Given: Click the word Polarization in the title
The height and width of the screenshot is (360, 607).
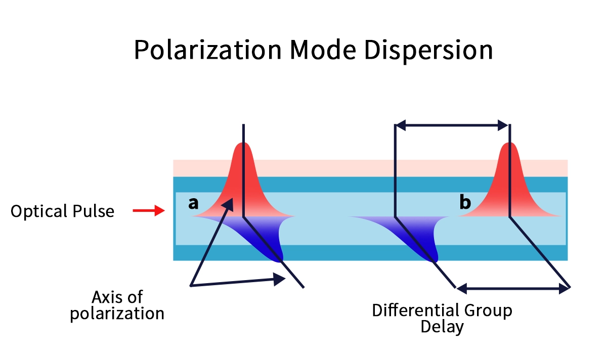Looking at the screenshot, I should pyautogui.click(x=207, y=50).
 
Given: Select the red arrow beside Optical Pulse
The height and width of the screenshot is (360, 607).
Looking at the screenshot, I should pyautogui.click(x=149, y=210).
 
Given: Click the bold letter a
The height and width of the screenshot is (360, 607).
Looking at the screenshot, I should pyautogui.click(x=193, y=203).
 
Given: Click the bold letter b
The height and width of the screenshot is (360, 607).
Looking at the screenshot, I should pyautogui.click(x=465, y=203).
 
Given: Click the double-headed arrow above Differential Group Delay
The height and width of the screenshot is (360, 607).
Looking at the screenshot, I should pyautogui.click(x=513, y=289).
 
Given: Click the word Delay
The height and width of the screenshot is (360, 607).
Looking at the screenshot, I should pyautogui.click(x=442, y=326).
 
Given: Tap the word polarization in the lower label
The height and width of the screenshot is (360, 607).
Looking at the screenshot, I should pyautogui.click(x=117, y=313).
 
